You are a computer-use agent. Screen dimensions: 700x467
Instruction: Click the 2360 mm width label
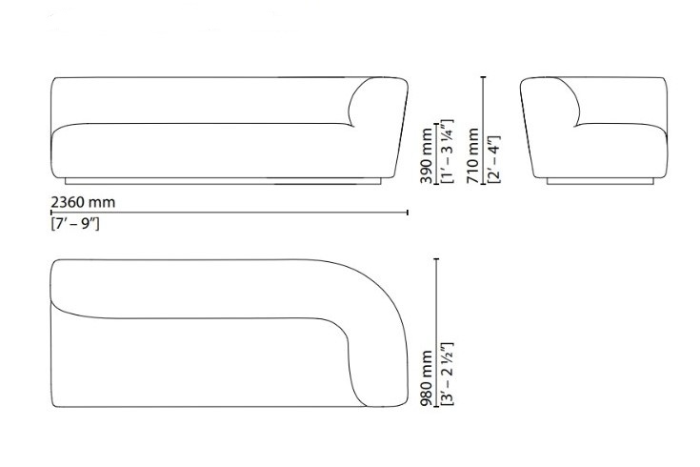pos(83,202)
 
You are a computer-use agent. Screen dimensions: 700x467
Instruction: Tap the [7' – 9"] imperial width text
pos(75,223)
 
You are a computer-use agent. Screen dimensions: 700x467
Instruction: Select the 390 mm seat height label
pos(427,156)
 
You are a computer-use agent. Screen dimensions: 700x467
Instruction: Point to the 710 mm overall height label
pos(472,156)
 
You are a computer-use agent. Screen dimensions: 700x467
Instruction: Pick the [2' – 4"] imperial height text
pos(494,159)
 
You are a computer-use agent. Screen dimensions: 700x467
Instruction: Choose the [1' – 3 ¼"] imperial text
pos(448,151)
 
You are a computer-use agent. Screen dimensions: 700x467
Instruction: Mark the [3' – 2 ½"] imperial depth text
pos(448,374)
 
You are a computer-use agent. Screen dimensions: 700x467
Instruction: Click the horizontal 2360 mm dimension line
pos(230,213)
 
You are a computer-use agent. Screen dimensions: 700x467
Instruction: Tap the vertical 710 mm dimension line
pos(483,131)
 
